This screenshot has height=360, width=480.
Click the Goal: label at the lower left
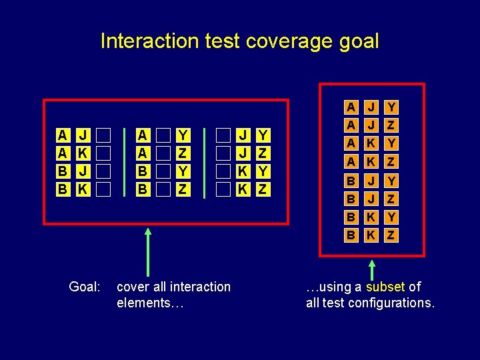pyautogui.click(x=85, y=287)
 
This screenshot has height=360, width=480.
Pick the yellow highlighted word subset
pyautogui.click(x=385, y=287)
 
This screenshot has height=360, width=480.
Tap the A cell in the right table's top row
pyautogui.click(x=349, y=107)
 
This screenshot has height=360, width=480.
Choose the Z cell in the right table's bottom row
pyautogui.click(x=391, y=235)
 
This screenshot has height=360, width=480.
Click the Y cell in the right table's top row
pyautogui.click(x=391, y=107)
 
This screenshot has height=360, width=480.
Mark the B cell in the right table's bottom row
pyautogui.click(x=349, y=235)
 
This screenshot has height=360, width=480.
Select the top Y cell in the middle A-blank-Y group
pyautogui.click(x=182, y=135)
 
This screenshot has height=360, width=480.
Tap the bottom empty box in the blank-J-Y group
pyautogui.click(x=225, y=189)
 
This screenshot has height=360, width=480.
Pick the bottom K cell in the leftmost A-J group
pyautogui.click(x=82, y=189)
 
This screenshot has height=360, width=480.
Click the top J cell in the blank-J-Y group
pyautogui.click(x=245, y=135)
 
